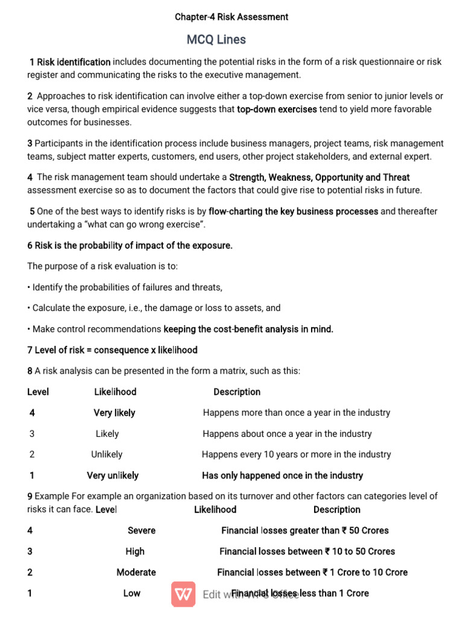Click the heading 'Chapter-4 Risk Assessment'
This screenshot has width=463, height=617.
(231, 17)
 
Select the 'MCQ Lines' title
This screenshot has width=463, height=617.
(216, 40)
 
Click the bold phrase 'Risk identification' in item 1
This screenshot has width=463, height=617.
(74, 62)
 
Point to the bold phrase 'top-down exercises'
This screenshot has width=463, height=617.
(277, 110)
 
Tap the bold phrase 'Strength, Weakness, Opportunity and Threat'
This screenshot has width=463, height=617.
(319, 178)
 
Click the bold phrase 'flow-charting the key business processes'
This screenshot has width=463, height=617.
(293, 211)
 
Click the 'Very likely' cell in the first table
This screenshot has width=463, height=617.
(114, 413)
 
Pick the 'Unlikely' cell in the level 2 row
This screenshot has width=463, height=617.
(107, 454)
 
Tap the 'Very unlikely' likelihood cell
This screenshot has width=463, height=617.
(112, 475)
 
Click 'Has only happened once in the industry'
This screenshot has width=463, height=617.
(282, 475)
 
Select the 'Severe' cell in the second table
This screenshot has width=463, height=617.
(141, 530)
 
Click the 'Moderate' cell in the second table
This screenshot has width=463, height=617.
(136, 572)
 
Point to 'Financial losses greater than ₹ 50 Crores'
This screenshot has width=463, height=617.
(304, 530)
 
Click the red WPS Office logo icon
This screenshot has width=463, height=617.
(183, 595)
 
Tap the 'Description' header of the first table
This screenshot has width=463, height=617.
(237, 392)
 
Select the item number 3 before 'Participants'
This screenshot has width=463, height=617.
(30, 143)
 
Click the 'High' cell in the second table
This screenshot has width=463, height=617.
(135, 551)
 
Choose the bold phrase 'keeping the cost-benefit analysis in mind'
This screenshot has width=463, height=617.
(248, 329)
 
